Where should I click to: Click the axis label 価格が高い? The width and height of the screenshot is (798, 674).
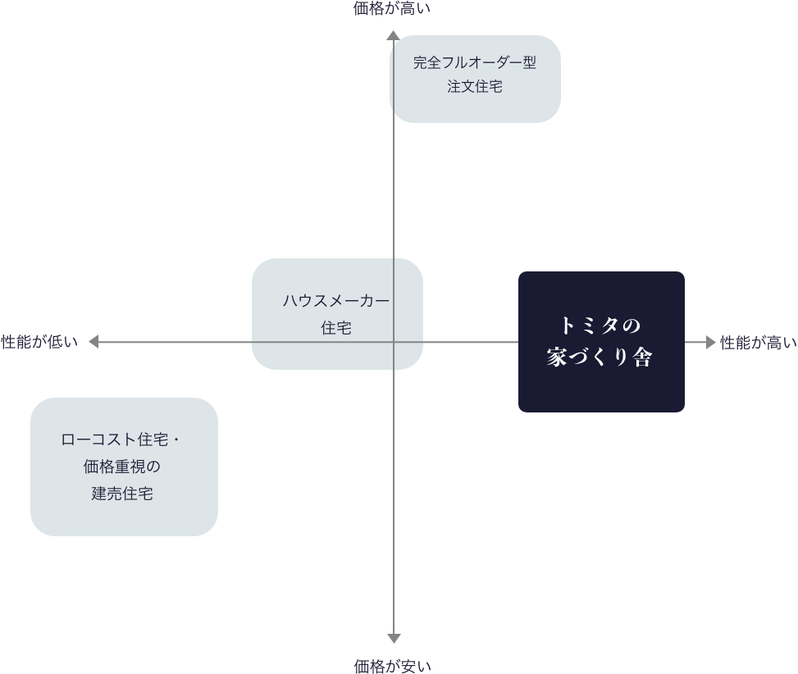point(391,9)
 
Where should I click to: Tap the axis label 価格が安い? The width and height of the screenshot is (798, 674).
point(393,665)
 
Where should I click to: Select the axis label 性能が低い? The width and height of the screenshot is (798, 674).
point(39,342)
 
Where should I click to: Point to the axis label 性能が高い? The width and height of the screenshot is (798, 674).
point(759,343)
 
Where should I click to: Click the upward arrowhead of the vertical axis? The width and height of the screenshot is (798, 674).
point(394,35)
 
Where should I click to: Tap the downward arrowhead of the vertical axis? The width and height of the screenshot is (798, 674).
point(394,638)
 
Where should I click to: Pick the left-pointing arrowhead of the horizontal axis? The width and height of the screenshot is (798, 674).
point(93,342)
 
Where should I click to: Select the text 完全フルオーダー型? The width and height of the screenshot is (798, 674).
point(475,63)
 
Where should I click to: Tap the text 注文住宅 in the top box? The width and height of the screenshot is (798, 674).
point(475,87)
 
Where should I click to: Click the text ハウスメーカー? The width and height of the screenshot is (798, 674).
point(336,301)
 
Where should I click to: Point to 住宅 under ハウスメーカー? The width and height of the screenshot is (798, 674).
point(336,328)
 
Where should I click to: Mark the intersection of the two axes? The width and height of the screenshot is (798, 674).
point(394,342)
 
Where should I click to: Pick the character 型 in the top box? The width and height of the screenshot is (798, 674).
point(529,63)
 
